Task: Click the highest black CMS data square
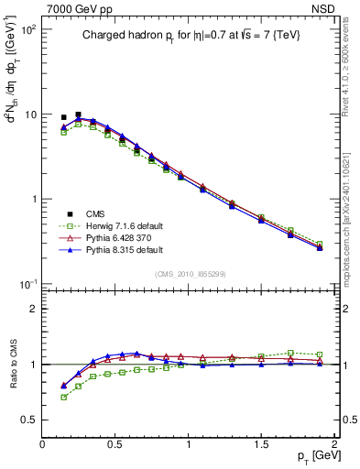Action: (x=78, y=115)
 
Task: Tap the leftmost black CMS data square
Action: (x=63, y=117)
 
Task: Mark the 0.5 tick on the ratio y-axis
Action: (x=31, y=420)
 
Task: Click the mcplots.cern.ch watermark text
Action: (x=346, y=229)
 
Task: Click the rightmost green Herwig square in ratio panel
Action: (x=319, y=354)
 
